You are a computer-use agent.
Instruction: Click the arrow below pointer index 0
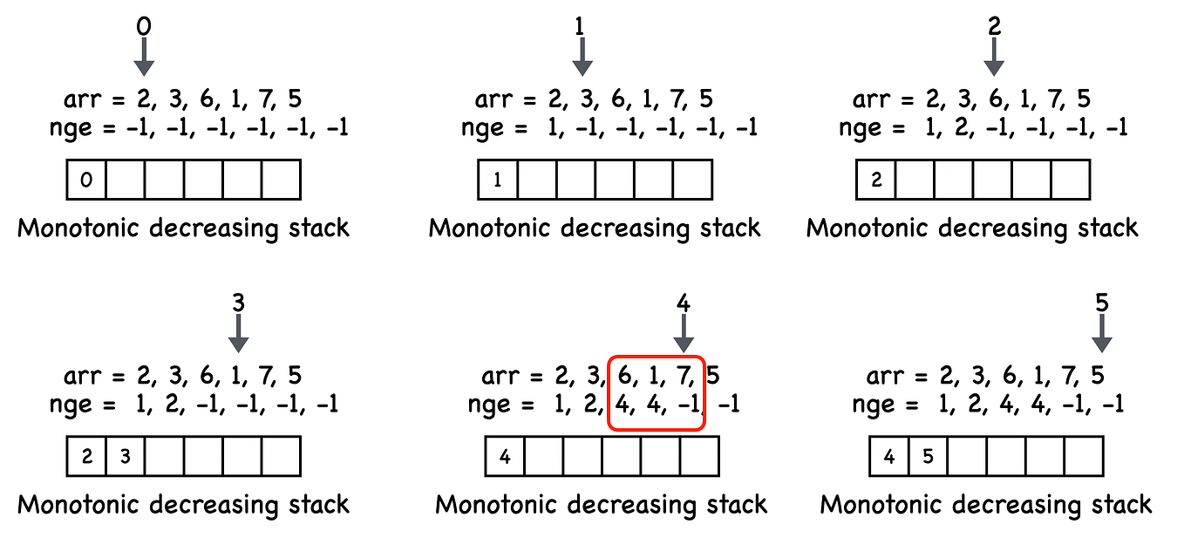click(145, 58)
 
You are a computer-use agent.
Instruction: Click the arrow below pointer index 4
click(684, 334)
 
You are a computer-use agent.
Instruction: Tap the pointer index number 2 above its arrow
click(994, 26)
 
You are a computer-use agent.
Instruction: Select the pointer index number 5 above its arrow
click(1102, 303)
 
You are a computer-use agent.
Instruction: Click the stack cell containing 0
click(86, 180)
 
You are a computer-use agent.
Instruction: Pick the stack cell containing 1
click(498, 180)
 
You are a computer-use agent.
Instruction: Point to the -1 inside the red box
click(685, 405)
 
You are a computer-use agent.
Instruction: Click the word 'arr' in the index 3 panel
click(83, 378)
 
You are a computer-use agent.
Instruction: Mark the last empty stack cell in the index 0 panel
click(281, 180)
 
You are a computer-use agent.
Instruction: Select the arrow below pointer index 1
click(582, 58)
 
